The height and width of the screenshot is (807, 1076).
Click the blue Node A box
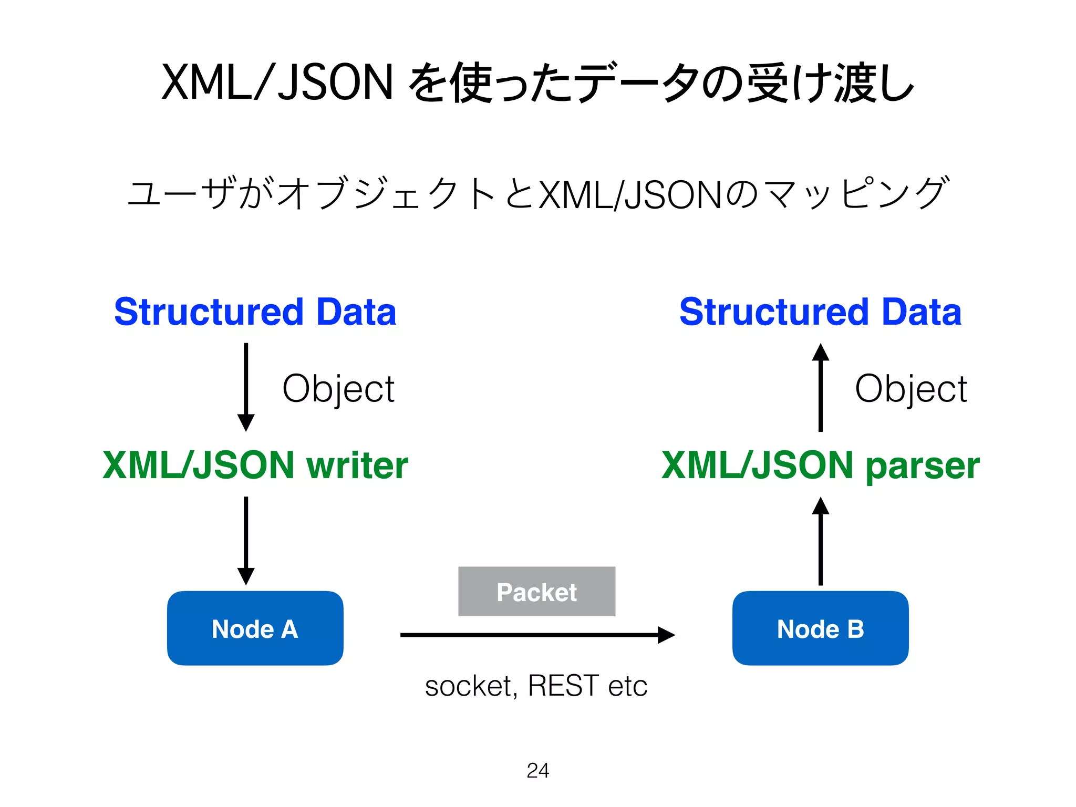tap(255, 628)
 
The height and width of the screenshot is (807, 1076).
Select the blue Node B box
tap(820, 628)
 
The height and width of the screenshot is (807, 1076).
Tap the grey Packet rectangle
tap(536, 592)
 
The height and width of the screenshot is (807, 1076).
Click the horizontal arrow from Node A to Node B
tap(536, 635)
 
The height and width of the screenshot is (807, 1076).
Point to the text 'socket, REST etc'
tap(536, 686)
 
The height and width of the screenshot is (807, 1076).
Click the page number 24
tap(537, 771)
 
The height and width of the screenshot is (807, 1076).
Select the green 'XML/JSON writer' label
tap(255, 465)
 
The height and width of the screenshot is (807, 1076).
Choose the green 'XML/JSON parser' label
tap(820, 465)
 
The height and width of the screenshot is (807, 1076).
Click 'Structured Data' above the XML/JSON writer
tap(255, 312)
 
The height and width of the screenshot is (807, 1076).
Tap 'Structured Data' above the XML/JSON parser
tap(820, 312)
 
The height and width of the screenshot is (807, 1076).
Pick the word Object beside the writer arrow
tap(338, 389)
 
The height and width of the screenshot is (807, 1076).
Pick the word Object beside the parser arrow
tap(911, 389)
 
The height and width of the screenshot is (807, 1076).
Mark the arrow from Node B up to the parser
tap(820, 541)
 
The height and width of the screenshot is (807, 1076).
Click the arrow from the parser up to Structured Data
tap(820, 388)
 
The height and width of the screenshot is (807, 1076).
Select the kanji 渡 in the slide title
tap(855, 82)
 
